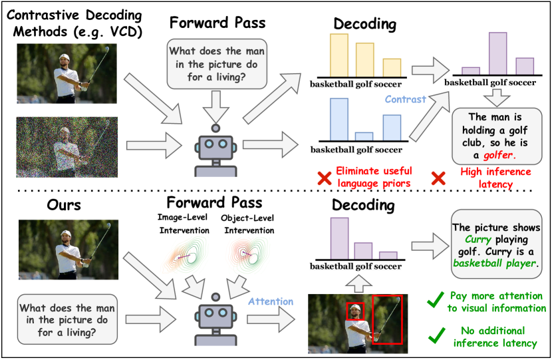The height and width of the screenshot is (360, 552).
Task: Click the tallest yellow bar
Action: click(339, 55)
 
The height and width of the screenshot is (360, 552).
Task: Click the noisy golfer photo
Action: click(67, 145)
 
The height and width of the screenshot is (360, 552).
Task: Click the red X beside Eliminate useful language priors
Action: click(324, 178)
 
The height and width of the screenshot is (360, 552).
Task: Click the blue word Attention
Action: click(270, 301)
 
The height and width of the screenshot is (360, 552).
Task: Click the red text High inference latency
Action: click(495, 178)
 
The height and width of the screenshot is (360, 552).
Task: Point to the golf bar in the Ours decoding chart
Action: click(362, 251)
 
